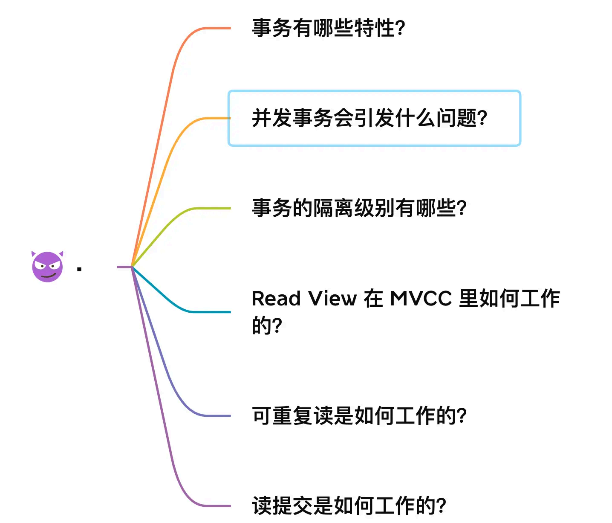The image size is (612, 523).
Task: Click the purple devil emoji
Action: pos(47,267)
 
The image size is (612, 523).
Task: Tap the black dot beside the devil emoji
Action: pos(79,269)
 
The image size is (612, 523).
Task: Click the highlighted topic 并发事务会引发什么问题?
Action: pos(369,118)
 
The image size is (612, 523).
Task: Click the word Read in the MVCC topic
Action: pos(276,299)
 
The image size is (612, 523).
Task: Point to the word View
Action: pos(332,299)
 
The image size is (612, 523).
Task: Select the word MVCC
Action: pos(421,299)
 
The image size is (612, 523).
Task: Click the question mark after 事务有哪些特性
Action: pos(400,29)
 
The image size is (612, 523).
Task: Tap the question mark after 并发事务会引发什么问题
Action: pos(482,119)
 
